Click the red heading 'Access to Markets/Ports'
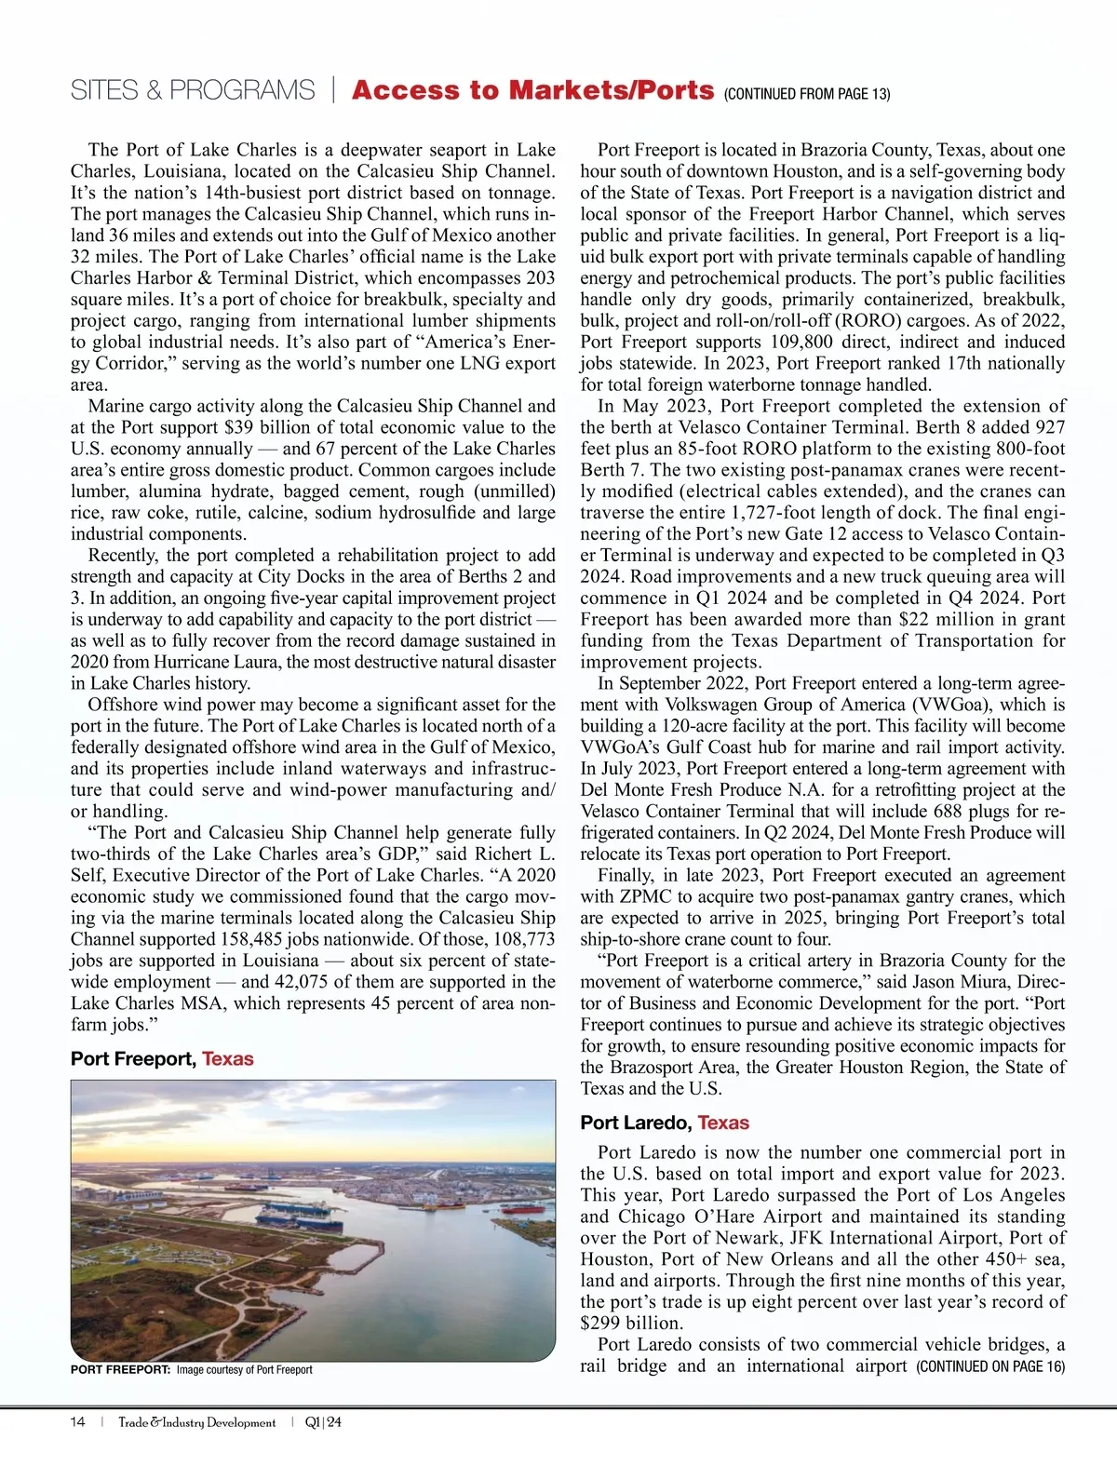532,90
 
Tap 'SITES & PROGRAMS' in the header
193,91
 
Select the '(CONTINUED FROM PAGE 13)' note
806,94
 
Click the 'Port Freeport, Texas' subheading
162,1058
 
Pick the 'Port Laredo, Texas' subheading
665,1123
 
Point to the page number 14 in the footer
78,1422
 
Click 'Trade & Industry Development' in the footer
196,1422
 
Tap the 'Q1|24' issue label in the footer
323,1422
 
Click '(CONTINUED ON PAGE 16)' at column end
990,1366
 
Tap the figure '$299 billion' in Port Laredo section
632,1323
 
